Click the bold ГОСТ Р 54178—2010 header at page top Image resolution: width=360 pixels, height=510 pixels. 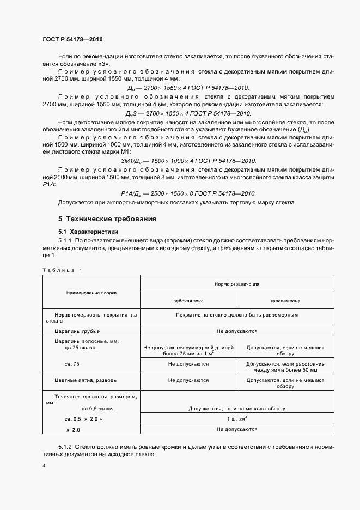coord(72,40)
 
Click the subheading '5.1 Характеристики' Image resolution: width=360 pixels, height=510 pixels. coord(88,232)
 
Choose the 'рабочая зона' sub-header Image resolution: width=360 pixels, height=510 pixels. coord(188,300)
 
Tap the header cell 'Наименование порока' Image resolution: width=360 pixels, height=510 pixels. coord(91,293)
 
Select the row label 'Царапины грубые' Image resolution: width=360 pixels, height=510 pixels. coord(77,331)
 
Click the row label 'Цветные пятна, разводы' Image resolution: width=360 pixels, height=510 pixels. coord(86,380)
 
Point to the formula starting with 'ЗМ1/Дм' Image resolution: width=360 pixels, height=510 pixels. coord(188,162)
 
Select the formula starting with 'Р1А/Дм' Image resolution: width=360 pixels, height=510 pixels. coord(188,193)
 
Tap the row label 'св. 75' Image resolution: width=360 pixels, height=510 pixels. coord(71,362)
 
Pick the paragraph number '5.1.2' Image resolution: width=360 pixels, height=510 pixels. coord(66,446)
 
